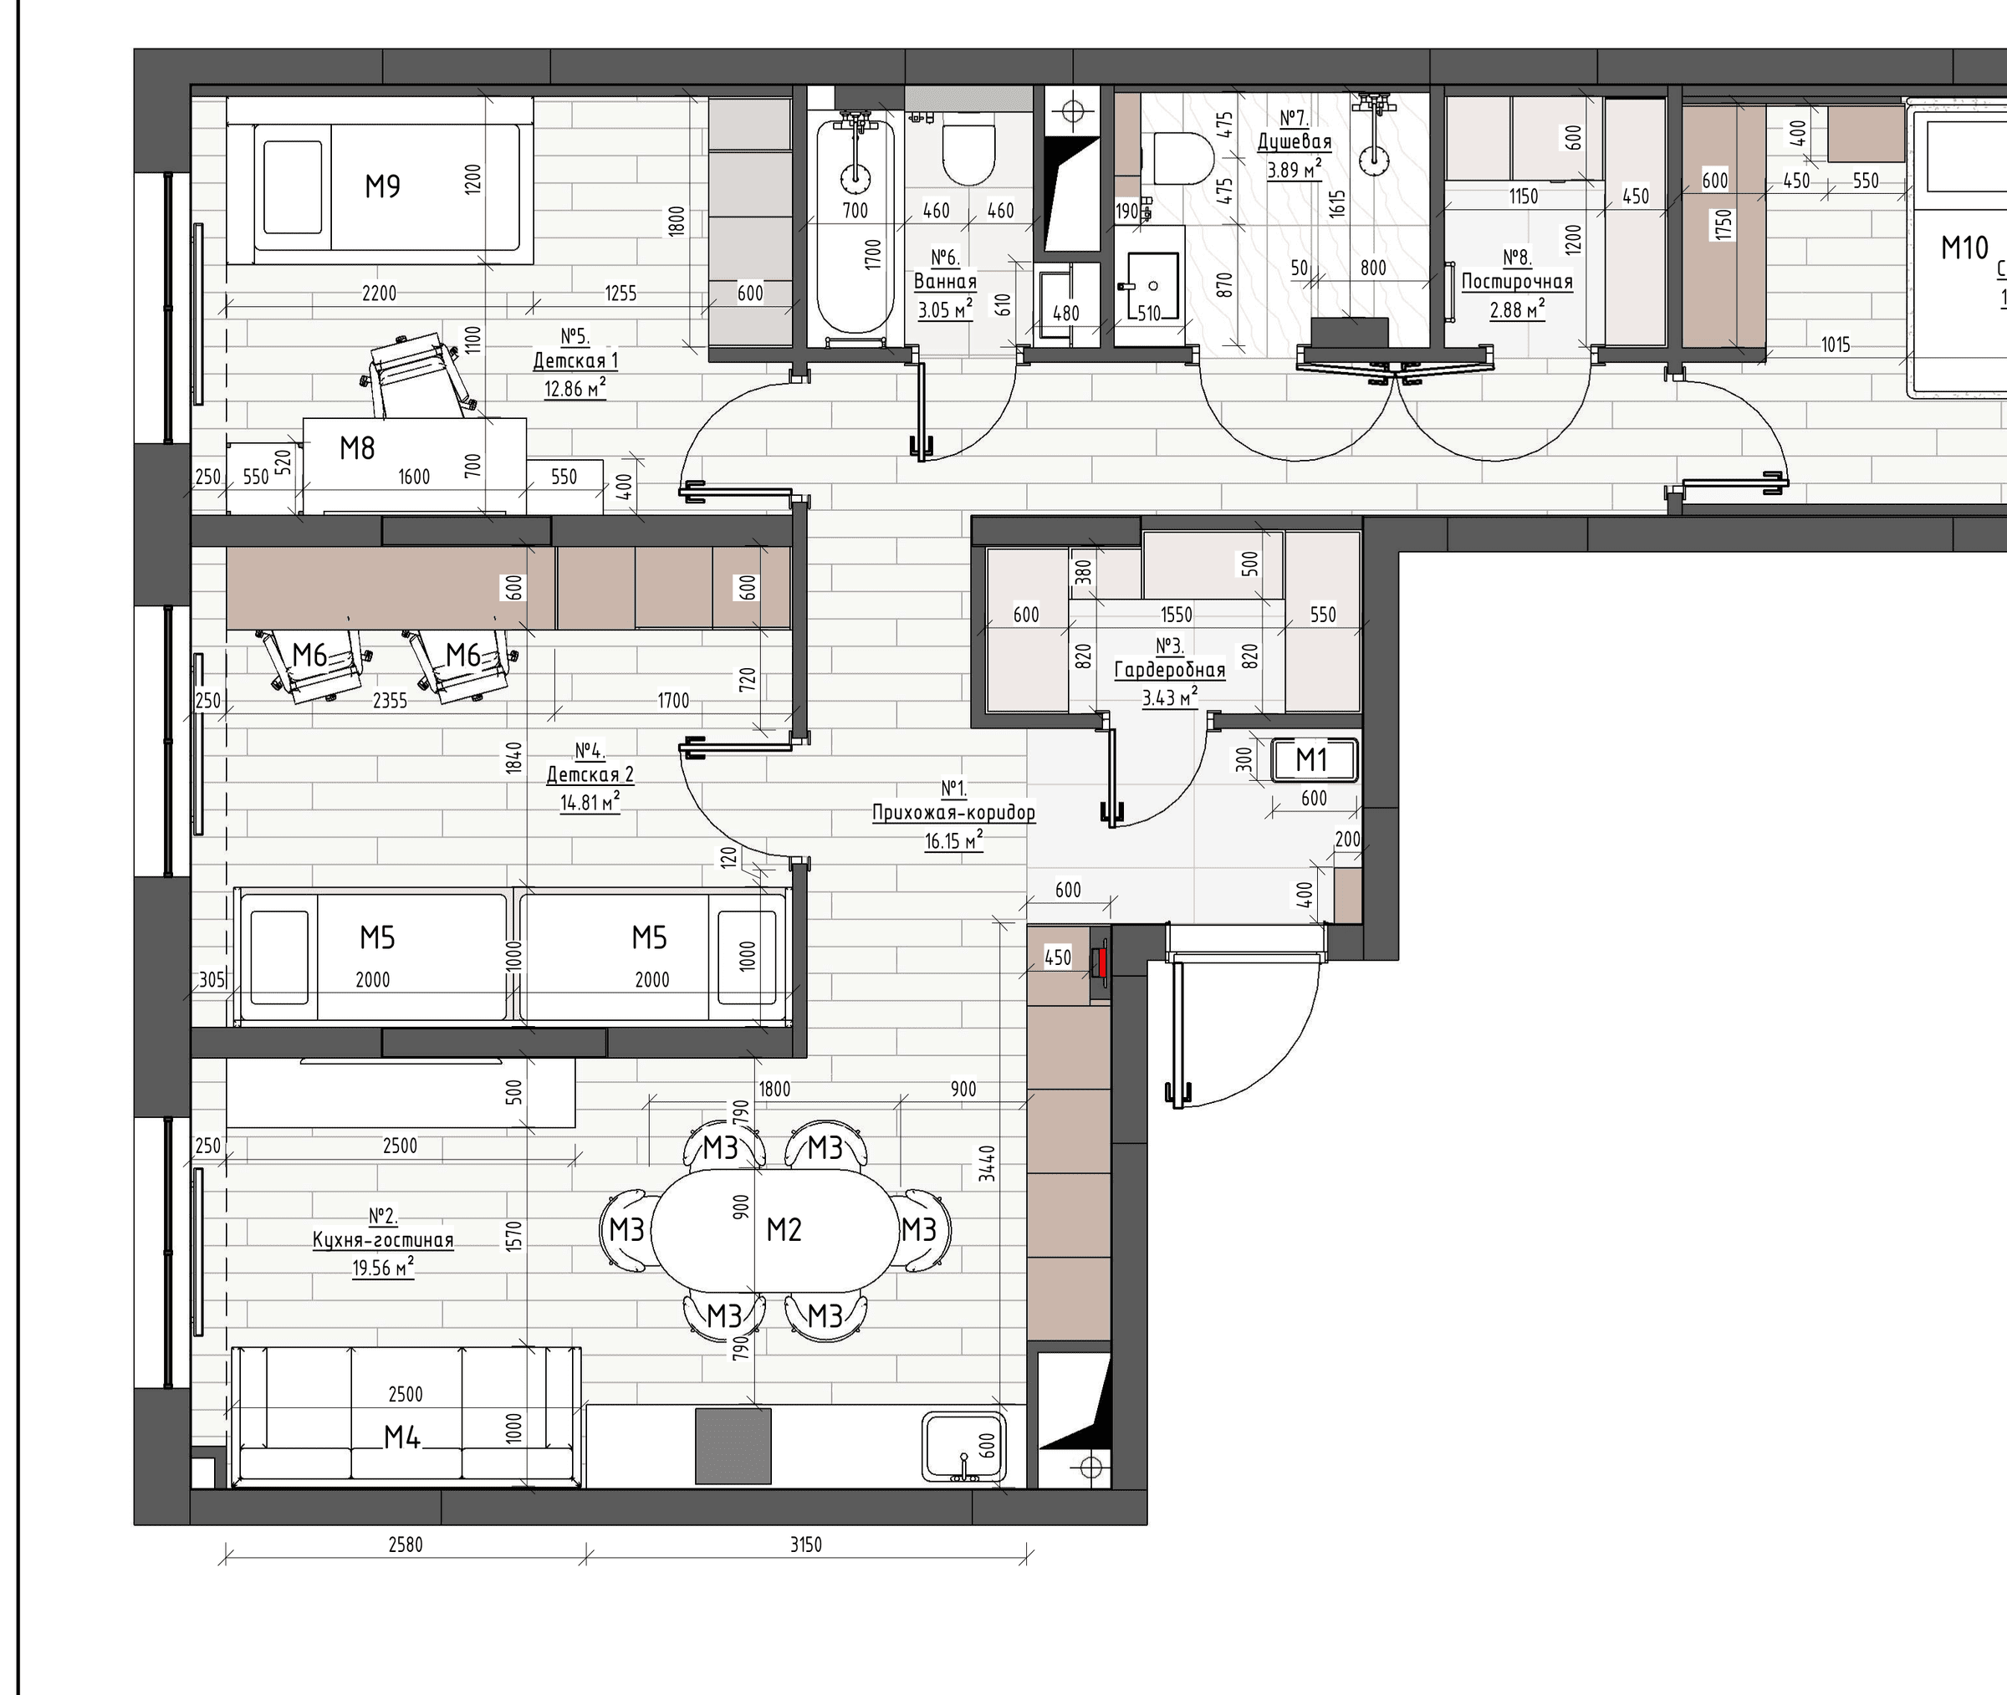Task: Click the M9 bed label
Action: (x=382, y=186)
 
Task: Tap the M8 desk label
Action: (x=357, y=447)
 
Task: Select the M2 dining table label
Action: (x=784, y=1229)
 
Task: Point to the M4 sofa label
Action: (x=402, y=1437)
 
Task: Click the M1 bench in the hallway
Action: (x=1314, y=760)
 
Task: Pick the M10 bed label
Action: (x=1964, y=248)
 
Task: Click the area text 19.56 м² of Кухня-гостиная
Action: (x=383, y=1269)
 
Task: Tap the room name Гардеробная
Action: (x=1169, y=671)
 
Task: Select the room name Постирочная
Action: (x=1517, y=282)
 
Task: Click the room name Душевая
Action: (x=1295, y=142)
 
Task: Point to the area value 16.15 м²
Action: (x=954, y=840)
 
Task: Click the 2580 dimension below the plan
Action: (x=406, y=1544)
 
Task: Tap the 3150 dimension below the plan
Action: (x=806, y=1544)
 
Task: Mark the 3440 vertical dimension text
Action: (x=988, y=1164)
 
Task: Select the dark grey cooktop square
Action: (x=733, y=1446)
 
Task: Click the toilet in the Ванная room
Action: (x=968, y=154)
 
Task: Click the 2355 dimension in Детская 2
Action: (x=390, y=701)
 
